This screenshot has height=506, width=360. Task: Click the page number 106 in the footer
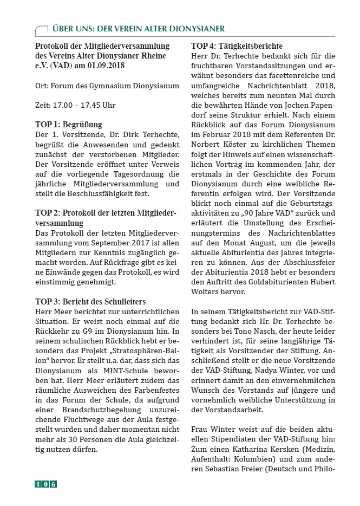[45, 484]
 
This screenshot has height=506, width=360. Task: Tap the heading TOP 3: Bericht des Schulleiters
[90, 301]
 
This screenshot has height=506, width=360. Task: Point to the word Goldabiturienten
[270, 282]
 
